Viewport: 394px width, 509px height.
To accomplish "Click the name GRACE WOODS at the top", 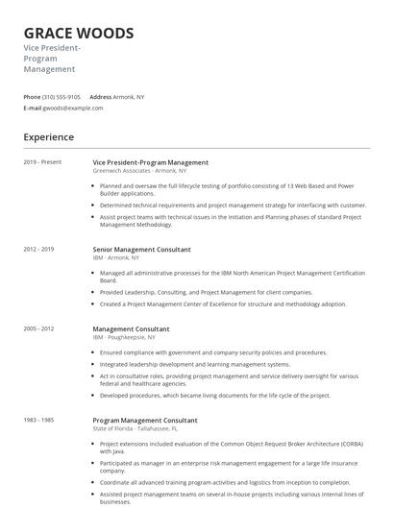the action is (x=79, y=34).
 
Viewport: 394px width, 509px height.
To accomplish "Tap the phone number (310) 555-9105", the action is (x=62, y=97).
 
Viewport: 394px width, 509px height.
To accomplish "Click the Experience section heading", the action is (x=48, y=137).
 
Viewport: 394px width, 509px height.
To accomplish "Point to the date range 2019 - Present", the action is (x=42, y=162).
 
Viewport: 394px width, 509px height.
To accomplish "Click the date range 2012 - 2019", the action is (x=38, y=249).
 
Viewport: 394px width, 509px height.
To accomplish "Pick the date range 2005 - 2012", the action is (x=38, y=328).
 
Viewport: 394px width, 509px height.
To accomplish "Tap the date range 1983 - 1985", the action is (x=38, y=420).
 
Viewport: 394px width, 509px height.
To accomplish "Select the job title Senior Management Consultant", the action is (x=141, y=249).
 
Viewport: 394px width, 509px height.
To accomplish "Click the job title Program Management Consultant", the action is (x=144, y=420).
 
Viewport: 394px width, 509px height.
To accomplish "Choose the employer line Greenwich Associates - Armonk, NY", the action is (x=139, y=170).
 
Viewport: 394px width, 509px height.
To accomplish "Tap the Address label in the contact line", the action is (x=100, y=97).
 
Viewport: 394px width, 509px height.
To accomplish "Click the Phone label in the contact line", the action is (x=32, y=97).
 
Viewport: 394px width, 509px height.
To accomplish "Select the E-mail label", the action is (x=32, y=109).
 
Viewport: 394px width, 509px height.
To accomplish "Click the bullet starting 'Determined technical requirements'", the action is (x=233, y=205).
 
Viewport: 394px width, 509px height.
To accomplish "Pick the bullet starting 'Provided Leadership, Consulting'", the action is (x=206, y=292).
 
